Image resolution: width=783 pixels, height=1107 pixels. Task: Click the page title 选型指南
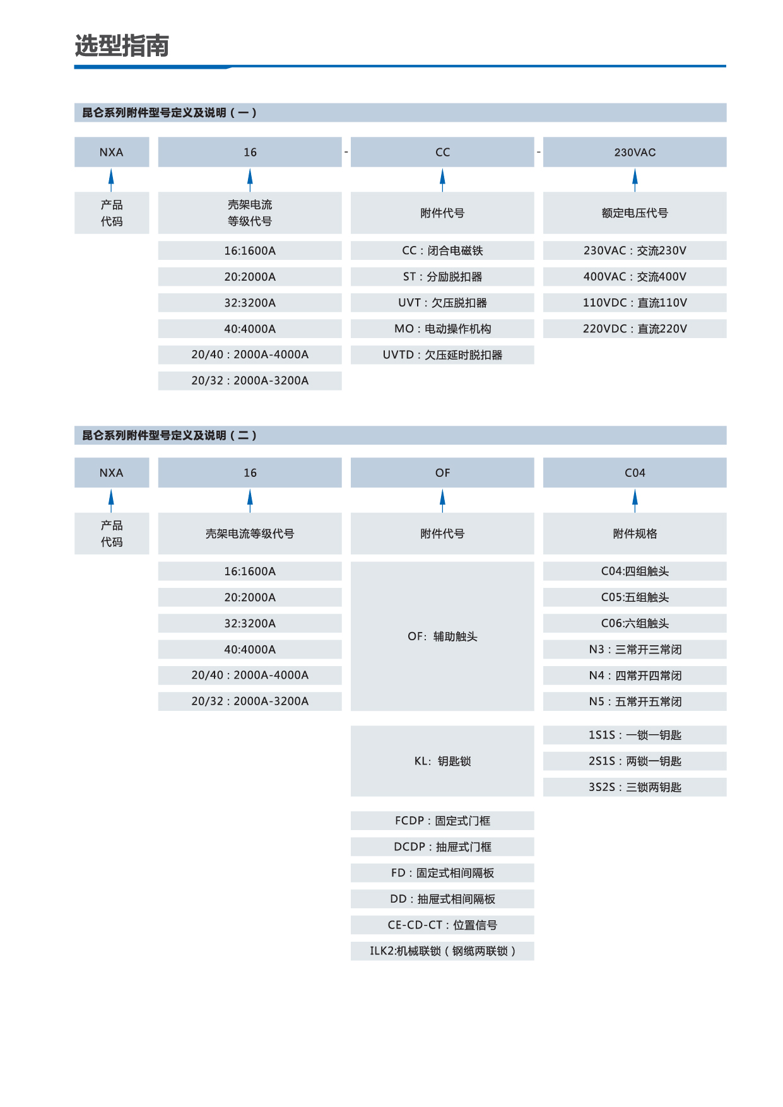pos(122,46)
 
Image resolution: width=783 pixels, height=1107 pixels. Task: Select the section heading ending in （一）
pos(169,113)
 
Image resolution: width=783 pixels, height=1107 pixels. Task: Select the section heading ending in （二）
pos(169,435)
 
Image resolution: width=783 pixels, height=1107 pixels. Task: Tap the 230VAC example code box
pos(635,152)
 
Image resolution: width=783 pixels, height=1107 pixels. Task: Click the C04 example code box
pos(635,472)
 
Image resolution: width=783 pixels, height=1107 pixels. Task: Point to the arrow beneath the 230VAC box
pos(635,180)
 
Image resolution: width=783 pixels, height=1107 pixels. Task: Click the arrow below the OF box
pos(442,500)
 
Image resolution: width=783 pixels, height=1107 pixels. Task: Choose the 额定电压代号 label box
pos(635,213)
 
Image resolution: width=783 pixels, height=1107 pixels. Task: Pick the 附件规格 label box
pos(635,534)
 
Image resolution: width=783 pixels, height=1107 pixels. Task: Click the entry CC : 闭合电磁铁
pos(442,250)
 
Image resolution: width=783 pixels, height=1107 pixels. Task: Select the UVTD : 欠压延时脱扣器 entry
pos(442,354)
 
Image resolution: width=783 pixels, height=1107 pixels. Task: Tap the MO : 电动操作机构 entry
pos(442,329)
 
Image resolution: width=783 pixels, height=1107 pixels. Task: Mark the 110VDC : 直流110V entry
pos(635,303)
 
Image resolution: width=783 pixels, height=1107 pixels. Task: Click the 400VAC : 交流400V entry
pos(635,276)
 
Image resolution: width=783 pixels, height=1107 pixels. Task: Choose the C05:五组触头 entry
pos(635,597)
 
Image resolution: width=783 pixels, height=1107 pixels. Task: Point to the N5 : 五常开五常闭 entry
pos(635,701)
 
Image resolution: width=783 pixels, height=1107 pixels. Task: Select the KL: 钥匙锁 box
pos(442,761)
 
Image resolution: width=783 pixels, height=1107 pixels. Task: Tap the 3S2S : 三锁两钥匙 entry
pos(635,787)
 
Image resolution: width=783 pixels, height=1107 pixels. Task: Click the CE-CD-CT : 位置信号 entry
pos(442,925)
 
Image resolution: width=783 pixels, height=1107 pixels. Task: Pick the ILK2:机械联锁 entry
pos(442,951)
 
